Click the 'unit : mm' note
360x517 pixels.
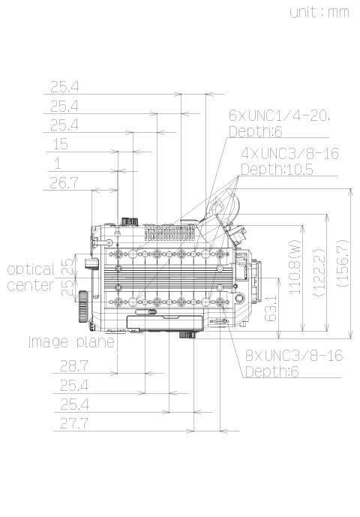[x=319, y=13]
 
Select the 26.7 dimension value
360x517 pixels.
[x=64, y=182]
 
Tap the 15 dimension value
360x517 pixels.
[x=60, y=144]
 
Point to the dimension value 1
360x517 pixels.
[x=58, y=164]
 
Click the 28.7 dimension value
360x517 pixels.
[x=73, y=366]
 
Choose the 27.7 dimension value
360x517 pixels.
[x=74, y=423]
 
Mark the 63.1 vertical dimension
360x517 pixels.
[x=271, y=308]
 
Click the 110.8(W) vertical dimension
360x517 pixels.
[x=295, y=267]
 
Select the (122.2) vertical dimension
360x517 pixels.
[x=319, y=272]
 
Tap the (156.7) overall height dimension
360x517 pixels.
[x=343, y=263]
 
